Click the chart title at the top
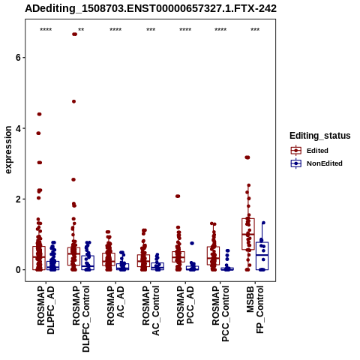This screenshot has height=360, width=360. tap(151, 8)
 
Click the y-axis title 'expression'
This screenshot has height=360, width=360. tap(8, 150)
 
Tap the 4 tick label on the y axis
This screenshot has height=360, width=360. tap(17, 128)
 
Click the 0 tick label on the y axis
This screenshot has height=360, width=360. tap(17, 270)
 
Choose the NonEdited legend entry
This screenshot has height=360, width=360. tap(316, 163)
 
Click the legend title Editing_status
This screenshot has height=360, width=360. tap(320, 136)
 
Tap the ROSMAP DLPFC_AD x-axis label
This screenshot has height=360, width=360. tap(46, 310)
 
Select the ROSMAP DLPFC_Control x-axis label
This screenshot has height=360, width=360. tap(81, 319)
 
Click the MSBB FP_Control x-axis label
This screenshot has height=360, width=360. tap(255, 310)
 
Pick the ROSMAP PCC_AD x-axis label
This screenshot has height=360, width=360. tap(185, 305)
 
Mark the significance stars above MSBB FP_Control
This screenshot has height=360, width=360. tap(255, 30)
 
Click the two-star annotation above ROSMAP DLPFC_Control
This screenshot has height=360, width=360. tap(81, 30)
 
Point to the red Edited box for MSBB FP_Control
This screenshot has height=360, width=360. tap(248, 234)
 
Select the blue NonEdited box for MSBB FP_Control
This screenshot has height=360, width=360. tap(262, 256)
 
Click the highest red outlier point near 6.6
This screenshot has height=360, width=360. tap(74, 34)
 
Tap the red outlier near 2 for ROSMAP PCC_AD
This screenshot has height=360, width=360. tap(178, 196)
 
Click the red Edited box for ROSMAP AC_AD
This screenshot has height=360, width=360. tap(109, 259)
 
